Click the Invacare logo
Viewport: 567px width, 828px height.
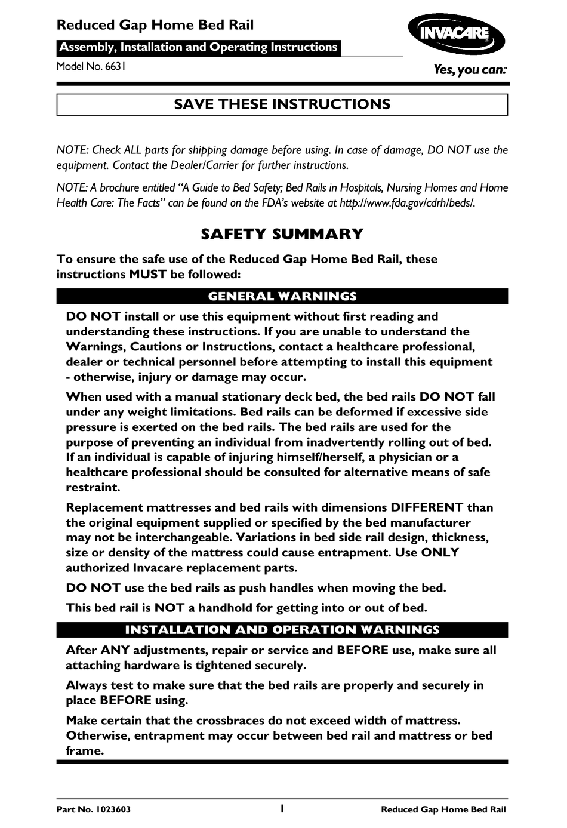click(456, 34)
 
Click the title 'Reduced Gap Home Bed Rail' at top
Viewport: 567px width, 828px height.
click(155, 25)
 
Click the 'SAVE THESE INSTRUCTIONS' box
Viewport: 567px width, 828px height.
click(282, 104)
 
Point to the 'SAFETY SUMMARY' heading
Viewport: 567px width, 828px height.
click(282, 234)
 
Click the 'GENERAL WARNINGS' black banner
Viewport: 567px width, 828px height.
click(282, 297)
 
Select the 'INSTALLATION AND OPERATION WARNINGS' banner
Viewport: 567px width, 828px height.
click(282, 630)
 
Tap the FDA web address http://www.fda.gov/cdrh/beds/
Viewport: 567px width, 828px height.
click(407, 203)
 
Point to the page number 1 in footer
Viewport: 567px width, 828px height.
click(282, 809)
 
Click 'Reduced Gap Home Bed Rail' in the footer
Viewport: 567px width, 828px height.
click(443, 810)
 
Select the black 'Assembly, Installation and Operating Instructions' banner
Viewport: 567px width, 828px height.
click(199, 47)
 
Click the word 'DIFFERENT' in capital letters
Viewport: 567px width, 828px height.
click(427, 508)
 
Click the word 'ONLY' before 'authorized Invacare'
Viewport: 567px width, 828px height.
click(440, 553)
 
